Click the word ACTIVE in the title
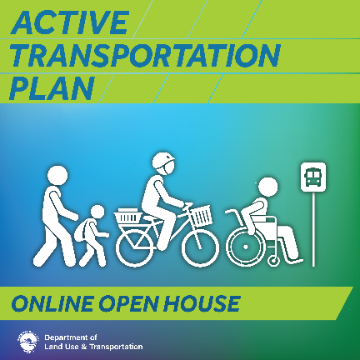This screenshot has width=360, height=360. point(70,22)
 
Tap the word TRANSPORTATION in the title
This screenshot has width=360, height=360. point(145,56)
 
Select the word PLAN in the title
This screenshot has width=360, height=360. point(52,88)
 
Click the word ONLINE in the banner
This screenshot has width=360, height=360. point(52,303)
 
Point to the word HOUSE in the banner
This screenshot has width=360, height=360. point(202,303)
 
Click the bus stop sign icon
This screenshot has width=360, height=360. point(313,177)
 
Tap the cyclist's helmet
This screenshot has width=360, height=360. point(163,161)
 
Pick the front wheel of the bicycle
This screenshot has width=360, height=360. point(201,248)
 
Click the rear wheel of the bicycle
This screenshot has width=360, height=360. point(134,248)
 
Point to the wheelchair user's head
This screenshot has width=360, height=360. point(267,187)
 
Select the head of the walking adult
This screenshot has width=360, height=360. point(57,176)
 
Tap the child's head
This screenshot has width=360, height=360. point(97,212)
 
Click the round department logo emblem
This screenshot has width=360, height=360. point(28,342)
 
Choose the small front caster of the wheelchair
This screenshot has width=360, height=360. point(273,261)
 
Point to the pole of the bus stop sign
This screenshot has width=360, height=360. point(314,229)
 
